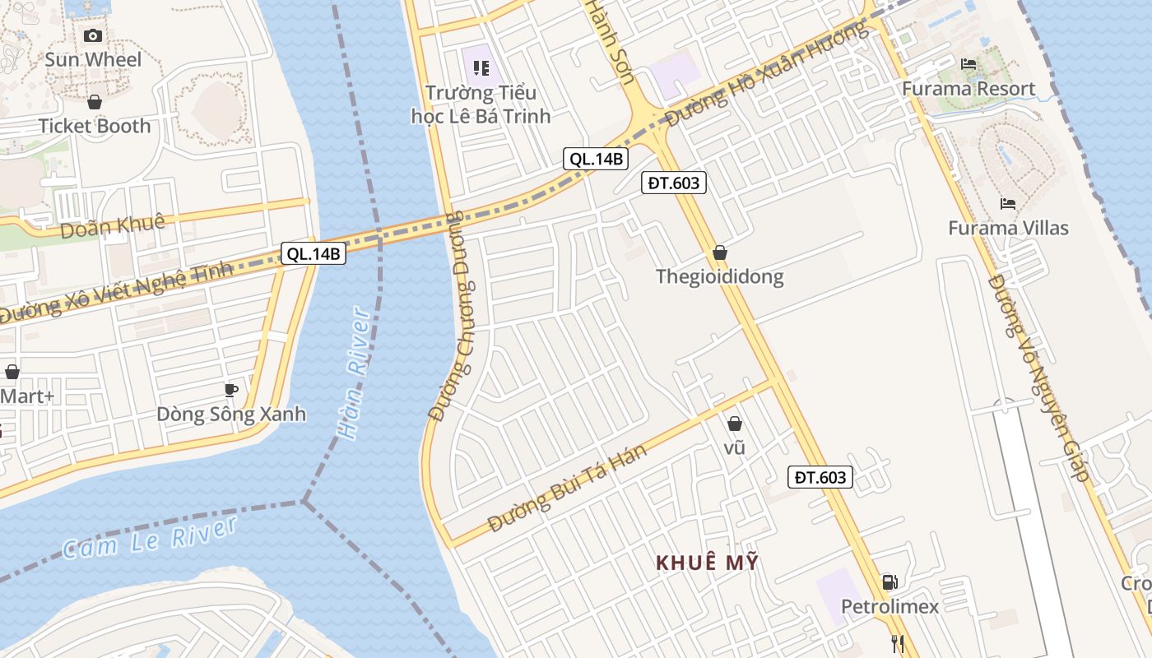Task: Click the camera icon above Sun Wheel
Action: (x=93, y=35)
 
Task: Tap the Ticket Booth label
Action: (x=95, y=126)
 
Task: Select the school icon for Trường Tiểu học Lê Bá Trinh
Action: (x=481, y=68)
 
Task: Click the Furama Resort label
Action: (x=969, y=89)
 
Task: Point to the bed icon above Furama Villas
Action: (x=1008, y=204)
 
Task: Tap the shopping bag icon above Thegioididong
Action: (x=720, y=253)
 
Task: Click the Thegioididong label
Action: (x=720, y=276)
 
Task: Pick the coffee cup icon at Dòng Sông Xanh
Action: (x=231, y=389)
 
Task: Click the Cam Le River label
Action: (x=150, y=538)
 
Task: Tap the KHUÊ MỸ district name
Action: (x=707, y=563)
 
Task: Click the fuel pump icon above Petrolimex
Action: (x=890, y=582)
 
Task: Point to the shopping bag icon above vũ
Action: (x=735, y=424)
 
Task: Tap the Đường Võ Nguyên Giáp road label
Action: (x=1038, y=378)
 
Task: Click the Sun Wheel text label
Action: (x=93, y=59)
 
